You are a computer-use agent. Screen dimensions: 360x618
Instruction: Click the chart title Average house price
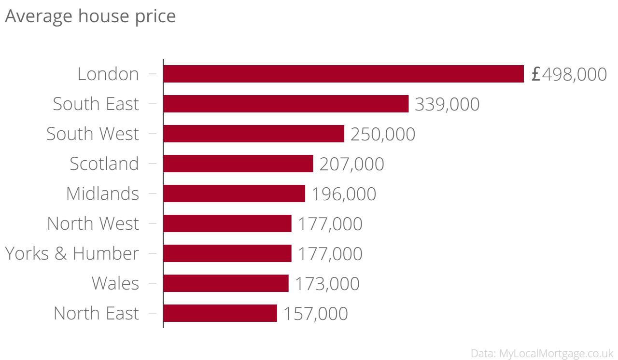[90, 16]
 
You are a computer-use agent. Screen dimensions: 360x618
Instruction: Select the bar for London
[343, 74]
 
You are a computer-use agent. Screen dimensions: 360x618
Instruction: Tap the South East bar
[286, 104]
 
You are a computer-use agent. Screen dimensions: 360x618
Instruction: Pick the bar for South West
[253, 134]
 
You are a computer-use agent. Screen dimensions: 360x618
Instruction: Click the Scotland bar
[238, 164]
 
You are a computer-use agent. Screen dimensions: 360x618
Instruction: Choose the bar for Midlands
[234, 194]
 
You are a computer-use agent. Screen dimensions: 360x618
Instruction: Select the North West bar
[227, 223]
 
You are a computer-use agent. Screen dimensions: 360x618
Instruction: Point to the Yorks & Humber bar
[227, 253]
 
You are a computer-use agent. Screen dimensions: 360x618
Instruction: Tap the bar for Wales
[226, 283]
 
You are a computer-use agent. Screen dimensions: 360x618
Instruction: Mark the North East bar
[220, 313]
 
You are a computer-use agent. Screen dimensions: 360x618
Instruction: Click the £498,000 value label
[569, 74]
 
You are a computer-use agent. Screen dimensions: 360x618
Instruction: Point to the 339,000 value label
[447, 104]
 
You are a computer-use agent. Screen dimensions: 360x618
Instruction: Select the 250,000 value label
[383, 134]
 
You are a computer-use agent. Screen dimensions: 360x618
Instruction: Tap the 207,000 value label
[351, 164]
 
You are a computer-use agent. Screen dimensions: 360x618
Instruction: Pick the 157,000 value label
[315, 314]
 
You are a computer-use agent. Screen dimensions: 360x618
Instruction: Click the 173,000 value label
[327, 284]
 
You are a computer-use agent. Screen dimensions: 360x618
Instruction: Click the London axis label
[108, 74]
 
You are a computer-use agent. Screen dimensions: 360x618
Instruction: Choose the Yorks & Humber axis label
[72, 253]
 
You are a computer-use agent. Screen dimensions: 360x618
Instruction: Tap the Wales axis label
[115, 283]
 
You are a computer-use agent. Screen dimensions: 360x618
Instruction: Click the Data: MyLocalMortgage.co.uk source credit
[542, 353]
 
